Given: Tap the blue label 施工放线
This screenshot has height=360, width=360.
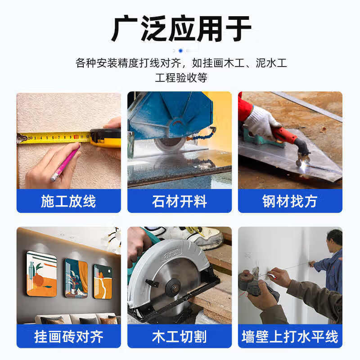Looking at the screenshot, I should [68, 201].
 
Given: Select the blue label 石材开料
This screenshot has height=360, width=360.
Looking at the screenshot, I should [179, 201].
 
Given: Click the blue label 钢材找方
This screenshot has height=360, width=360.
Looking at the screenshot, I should [290, 201].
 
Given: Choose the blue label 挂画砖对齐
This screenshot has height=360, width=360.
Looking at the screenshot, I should [68, 336].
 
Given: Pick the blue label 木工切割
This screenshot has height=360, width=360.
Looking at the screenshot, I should [179, 336].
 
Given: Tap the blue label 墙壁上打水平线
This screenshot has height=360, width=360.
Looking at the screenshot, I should [290, 336].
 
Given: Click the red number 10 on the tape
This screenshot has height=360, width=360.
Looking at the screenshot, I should [76, 137].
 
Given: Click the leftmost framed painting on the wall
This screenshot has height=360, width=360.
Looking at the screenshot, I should [41, 274].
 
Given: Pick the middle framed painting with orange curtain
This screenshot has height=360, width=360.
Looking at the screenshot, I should [76, 278].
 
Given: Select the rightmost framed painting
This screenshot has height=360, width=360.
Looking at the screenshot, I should [103, 281].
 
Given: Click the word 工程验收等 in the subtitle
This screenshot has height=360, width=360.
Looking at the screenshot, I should [181, 77].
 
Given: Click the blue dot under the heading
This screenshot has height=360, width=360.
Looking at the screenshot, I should [181, 51].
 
